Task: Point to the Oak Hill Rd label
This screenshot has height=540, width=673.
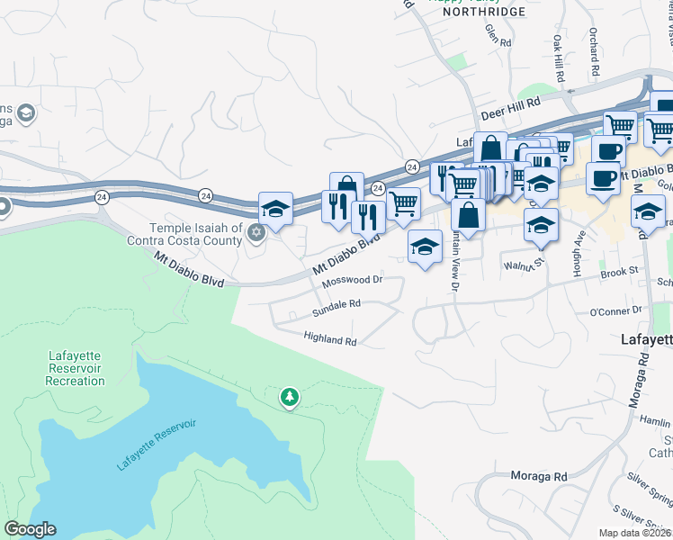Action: coord(559,59)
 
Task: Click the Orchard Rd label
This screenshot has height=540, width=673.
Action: coord(595,57)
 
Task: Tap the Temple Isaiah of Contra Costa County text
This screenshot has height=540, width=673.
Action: coord(196,235)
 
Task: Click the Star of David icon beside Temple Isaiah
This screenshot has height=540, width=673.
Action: coord(256,234)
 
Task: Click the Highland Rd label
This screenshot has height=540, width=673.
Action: coord(330,341)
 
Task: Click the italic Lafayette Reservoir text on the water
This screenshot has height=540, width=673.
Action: coord(157,445)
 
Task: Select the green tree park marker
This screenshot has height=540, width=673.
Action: coord(289,397)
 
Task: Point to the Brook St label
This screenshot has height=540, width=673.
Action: coord(619,270)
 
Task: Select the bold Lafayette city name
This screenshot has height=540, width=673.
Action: coord(646,340)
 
